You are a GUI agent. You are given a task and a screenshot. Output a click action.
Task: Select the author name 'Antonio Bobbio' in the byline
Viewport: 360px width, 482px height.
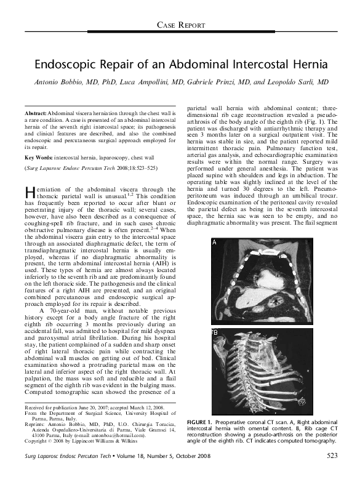57,82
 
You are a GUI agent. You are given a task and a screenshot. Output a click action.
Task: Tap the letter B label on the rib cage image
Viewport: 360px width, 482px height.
214,333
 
